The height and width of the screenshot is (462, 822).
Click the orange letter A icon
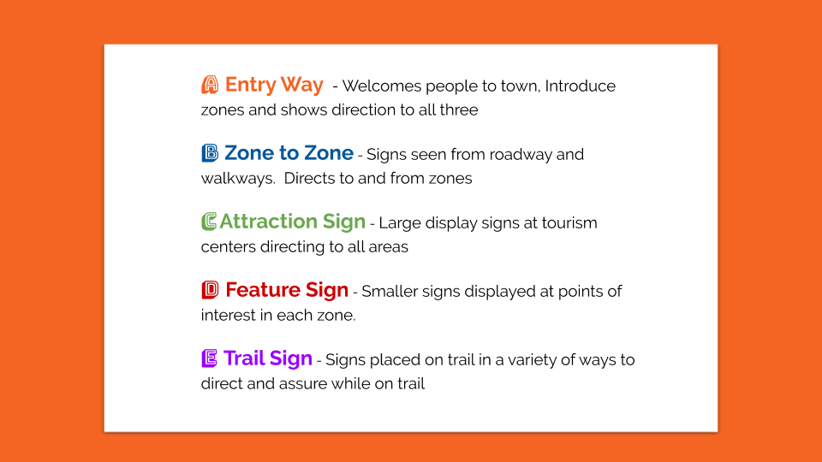(210, 85)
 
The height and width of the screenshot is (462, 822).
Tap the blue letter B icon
(210, 153)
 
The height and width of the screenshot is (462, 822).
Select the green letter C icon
(209, 222)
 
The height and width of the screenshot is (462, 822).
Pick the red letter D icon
(210, 290)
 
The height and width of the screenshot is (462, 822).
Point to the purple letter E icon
(209, 358)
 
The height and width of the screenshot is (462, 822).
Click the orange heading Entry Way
(274, 85)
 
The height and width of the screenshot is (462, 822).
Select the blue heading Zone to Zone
(289, 153)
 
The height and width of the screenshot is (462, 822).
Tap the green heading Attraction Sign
(292, 222)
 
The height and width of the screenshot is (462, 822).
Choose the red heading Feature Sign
(287, 290)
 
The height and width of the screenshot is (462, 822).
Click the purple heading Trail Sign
(268, 358)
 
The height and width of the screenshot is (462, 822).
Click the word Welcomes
(382, 86)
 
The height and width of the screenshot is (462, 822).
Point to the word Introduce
(581, 86)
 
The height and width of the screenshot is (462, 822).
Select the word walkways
(238, 179)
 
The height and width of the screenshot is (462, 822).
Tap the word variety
(531, 360)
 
